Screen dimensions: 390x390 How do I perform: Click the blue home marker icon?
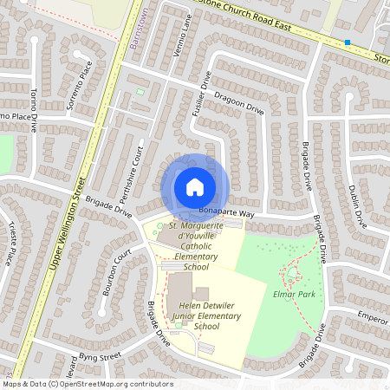195,186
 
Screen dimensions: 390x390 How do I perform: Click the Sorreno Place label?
80,85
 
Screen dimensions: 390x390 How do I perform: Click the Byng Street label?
97,355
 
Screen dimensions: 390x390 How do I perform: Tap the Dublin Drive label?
357,206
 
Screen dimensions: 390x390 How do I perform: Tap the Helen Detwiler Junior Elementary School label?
195,316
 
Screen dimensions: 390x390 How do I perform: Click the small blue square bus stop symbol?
348,42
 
